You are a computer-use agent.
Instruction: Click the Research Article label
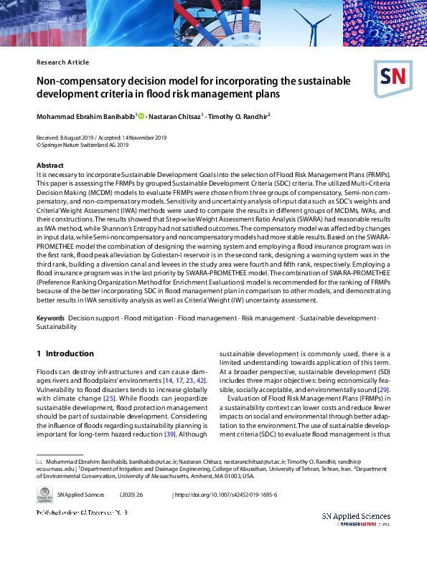pyautogui.click(x=62, y=62)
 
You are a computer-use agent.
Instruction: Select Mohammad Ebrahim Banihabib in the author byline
pyautogui.click(x=85, y=116)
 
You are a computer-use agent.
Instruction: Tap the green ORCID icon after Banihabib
pyautogui.click(x=141, y=116)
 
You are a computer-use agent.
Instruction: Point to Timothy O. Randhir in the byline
pyautogui.click(x=240, y=116)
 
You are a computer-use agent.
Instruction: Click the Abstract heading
pyautogui.click(x=50, y=166)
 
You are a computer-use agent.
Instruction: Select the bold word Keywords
pyautogui.click(x=51, y=317)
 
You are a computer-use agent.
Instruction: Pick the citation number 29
pyautogui.click(x=384, y=388)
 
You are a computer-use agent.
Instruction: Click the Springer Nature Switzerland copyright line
pyautogui.click(x=83, y=144)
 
